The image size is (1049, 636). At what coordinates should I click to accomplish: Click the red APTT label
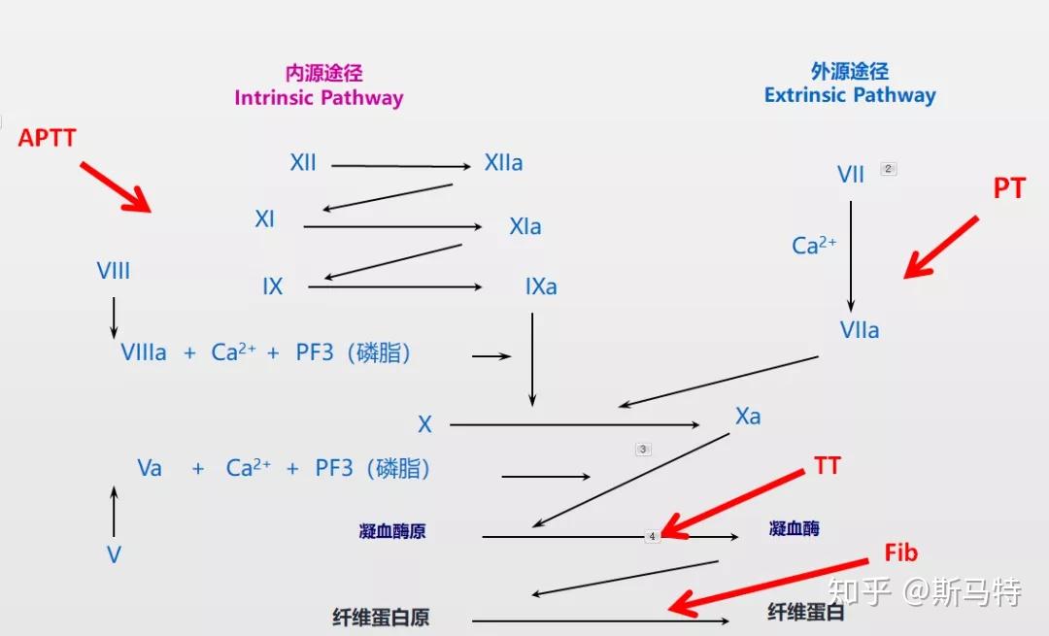(x=47, y=138)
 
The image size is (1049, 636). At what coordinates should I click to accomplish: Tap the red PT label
(x=1009, y=188)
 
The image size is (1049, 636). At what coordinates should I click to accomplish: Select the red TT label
(x=827, y=465)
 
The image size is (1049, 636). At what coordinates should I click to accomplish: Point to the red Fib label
(x=900, y=552)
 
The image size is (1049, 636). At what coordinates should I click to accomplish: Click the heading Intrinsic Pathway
(x=319, y=98)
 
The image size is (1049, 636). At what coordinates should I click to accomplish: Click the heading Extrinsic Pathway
(x=850, y=95)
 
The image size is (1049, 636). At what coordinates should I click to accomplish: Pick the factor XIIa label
(x=503, y=162)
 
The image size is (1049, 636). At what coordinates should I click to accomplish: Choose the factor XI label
(x=264, y=218)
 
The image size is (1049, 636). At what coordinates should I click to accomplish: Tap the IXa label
(x=541, y=286)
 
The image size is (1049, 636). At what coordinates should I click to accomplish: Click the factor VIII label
(x=113, y=271)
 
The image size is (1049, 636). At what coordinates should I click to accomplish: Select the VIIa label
(x=859, y=330)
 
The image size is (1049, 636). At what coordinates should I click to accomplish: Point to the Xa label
(x=748, y=417)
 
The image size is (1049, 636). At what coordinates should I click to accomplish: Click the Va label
(x=150, y=467)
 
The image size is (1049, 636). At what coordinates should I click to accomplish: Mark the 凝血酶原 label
(x=392, y=532)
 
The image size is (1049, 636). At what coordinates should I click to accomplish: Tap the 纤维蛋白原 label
(x=381, y=617)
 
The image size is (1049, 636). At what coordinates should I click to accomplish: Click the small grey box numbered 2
(x=888, y=169)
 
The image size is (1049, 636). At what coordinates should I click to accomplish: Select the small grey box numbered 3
(x=643, y=450)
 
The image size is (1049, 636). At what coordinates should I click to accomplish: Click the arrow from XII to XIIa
(x=401, y=166)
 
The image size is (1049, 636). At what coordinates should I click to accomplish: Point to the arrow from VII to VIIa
(x=850, y=256)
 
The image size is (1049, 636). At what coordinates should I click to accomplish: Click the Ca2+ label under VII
(x=814, y=245)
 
